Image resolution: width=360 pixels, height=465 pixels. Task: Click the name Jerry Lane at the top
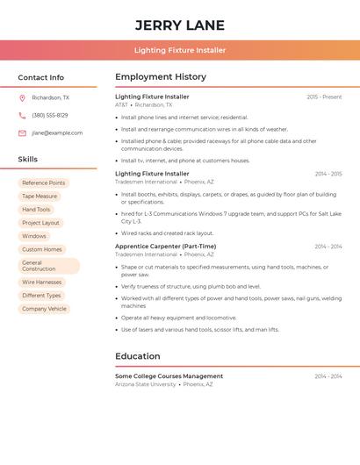180,25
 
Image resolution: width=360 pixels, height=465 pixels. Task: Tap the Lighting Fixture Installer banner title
180,50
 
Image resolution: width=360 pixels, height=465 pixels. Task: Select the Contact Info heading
41,77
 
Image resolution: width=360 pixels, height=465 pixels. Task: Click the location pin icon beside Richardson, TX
22,98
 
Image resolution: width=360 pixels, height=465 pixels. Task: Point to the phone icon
22,116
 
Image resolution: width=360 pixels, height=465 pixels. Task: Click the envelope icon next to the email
22,133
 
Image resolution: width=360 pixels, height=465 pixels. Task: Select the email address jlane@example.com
57,133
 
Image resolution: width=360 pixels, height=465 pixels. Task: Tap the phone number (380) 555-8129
50,116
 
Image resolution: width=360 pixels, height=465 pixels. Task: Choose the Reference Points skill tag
44,183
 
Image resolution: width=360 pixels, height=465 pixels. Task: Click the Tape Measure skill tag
40,197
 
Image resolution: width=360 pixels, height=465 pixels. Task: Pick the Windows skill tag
34,236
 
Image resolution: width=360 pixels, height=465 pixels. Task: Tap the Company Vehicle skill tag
44,309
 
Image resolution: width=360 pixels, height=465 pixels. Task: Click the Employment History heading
161,77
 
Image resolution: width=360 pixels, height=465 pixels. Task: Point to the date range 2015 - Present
324,97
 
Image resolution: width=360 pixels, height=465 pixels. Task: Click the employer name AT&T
121,104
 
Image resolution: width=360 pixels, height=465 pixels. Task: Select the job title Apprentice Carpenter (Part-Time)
165,247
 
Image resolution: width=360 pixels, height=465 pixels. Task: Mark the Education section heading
138,356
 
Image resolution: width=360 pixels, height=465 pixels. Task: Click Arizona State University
146,384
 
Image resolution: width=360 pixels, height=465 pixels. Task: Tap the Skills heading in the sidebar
28,160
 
